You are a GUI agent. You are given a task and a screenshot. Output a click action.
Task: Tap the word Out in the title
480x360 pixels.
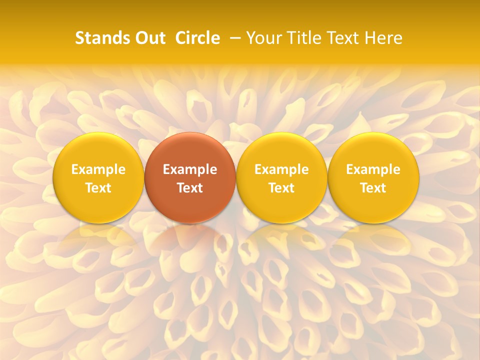[x=149, y=38]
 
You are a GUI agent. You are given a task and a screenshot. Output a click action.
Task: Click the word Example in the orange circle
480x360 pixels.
[x=190, y=169]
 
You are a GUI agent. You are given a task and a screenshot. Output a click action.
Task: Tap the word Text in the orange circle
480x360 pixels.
[x=190, y=188]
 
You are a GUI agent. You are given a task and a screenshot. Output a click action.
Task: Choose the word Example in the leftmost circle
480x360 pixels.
[x=98, y=169]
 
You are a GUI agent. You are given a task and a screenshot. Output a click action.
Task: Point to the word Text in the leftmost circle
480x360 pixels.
[x=98, y=188]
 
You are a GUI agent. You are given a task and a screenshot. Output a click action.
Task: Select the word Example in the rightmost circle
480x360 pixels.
[x=373, y=169]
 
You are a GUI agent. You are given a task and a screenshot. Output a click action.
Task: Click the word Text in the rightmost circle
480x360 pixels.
[x=373, y=188]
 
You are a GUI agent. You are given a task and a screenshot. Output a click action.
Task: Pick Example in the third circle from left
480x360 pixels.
[x=281, y=169]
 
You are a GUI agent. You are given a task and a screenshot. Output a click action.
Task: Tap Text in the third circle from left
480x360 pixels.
[x=281, y=188]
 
